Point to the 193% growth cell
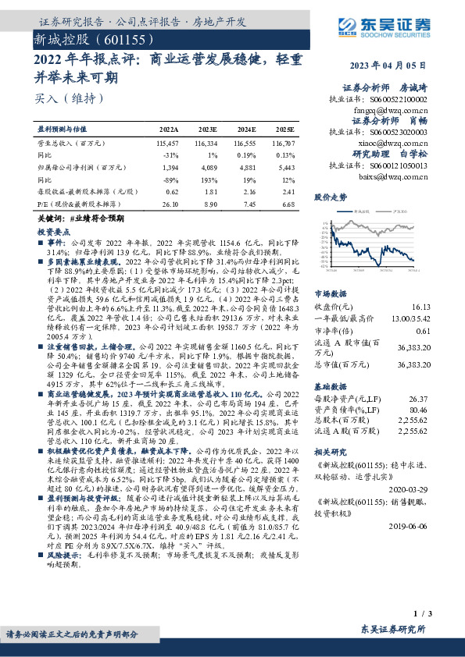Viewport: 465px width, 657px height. pyautogui.click(x=207, y=178)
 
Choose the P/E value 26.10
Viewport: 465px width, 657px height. pyautogui.click(x=169, y=203)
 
